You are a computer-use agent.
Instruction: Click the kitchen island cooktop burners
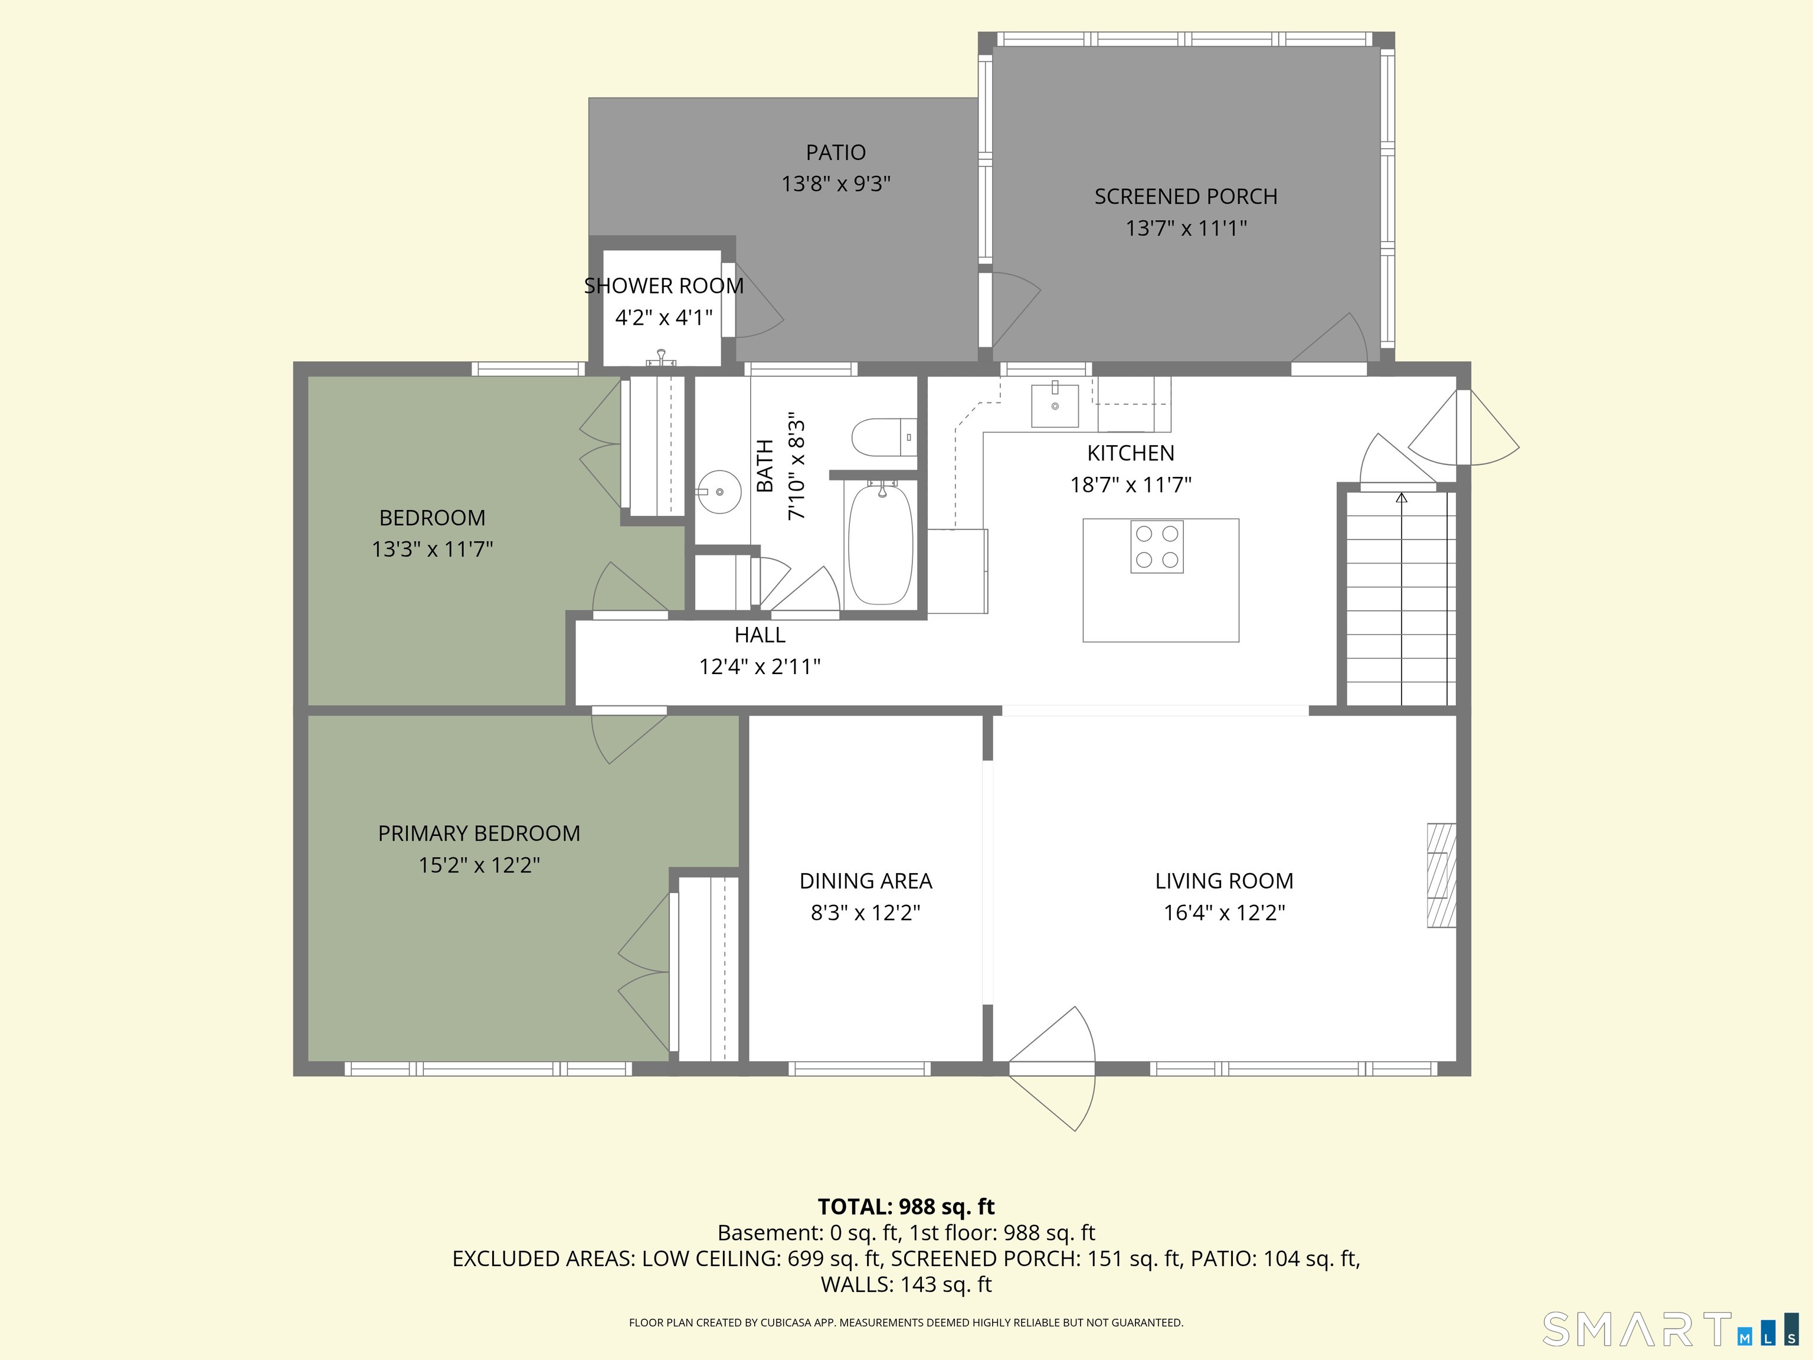(x=1157, y=547)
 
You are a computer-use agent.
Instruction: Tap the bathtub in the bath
(x=879, y=544)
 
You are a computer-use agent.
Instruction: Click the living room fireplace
(x=1442, y=875)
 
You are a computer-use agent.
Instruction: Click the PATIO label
(x=835, y=152)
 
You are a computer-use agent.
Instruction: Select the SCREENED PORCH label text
(x=1186, y=197)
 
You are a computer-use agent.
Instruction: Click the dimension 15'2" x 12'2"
(x=479, y=865)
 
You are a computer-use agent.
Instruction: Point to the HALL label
(x=760, y=635)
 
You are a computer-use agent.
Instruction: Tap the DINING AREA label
(x=866, y=881)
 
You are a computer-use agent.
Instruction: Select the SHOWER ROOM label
(x=664, y=286)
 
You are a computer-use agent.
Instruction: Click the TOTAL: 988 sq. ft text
(x=906, y=1207)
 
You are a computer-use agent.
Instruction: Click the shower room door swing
(x=759, y=300)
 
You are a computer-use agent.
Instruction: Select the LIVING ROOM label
(x=1223, y=881)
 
